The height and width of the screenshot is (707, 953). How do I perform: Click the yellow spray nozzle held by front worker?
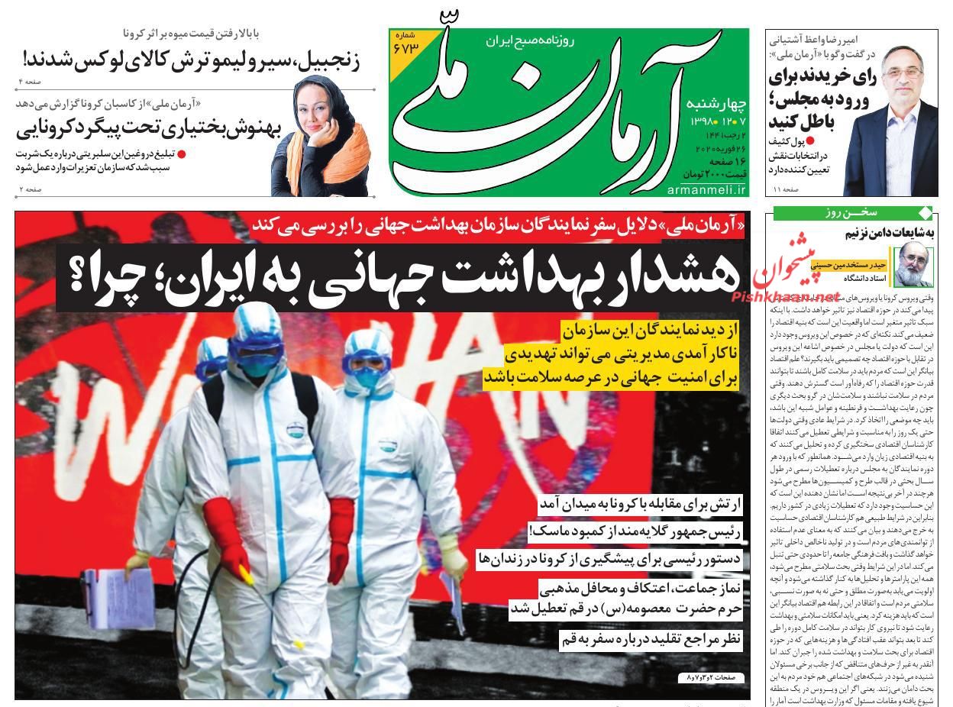pyautogui.click(x=247, y=572)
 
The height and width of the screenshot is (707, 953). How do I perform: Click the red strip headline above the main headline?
pyautogui.click(x=497, y=224)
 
